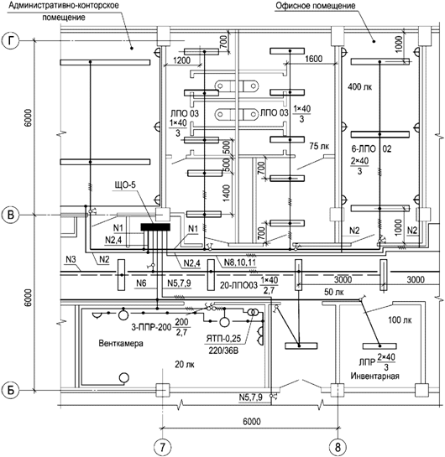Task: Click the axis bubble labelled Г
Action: [x=11, y=40]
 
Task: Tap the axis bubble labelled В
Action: [x=11, y=215]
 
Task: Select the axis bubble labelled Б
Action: [x=11, y=390]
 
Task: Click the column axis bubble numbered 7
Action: [x=162, y=446]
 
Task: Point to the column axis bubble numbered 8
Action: [x=338, y=446]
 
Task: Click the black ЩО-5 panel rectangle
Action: [x=155, y=227]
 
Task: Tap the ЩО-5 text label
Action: [x=125, y=184]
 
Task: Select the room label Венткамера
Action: [x=121, y=343]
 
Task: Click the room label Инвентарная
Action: [x=374, y=376]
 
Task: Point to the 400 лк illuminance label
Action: [x=360, y=86]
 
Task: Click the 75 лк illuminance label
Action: [x=319, y=146]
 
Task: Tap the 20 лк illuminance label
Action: [x=185, y=364]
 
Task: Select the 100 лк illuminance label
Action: [x=400, y=320]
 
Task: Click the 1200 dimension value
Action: [x=181, y=60]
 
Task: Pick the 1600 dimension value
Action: [x=314, y=59]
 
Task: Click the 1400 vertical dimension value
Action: [x=227, y=193]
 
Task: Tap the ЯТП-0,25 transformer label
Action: [x=223, y=339]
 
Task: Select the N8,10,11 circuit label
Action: [x=240, y=262]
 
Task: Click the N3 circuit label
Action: [x=71, y=259]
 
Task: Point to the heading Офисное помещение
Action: [x=316, y=6]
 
